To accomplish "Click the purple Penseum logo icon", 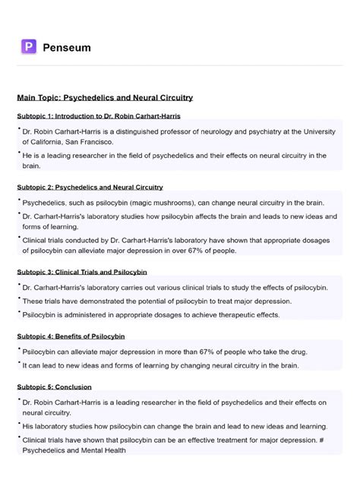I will pyautogui.click(x=29, y=47).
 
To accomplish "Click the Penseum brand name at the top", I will pyautogui.click(x=68, y=48).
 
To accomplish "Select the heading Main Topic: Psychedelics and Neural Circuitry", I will pyautogui.click(x=105, y=97).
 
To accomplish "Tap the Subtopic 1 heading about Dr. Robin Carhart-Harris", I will pyautogui.click(x=99, y=115).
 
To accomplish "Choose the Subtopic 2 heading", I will pyautogui.click(x=90, y=187).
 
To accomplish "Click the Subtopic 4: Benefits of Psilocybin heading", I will pyautogui.click(x=81, y=335).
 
